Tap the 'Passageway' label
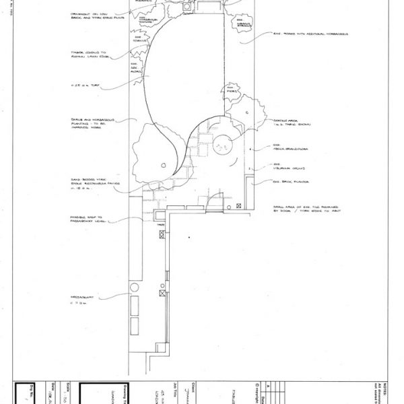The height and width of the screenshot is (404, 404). pyautogui.click(x=87, y=298)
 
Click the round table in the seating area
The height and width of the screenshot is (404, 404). pyautogui.click(x=222, y=139)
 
